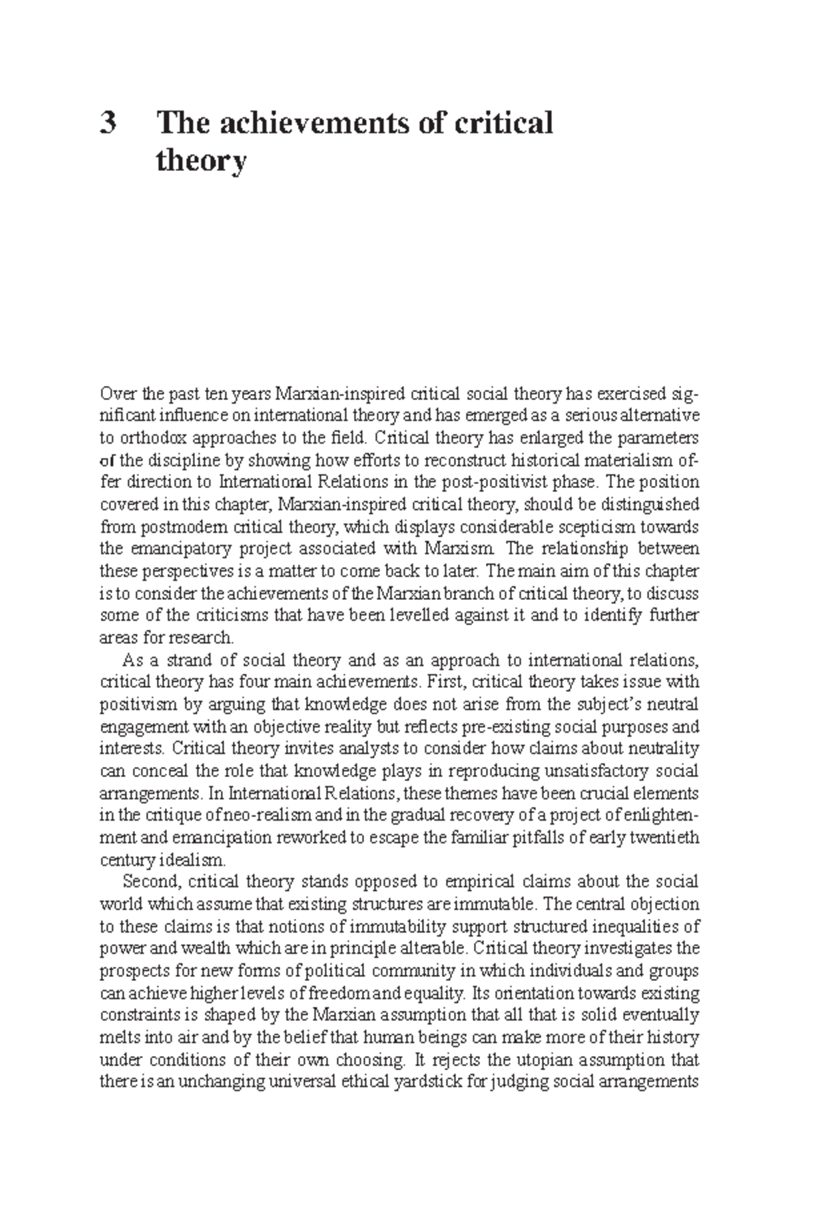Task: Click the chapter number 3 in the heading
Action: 108,123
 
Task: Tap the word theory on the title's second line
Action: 200,162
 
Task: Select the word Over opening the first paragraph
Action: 114,393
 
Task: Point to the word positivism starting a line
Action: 134,704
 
